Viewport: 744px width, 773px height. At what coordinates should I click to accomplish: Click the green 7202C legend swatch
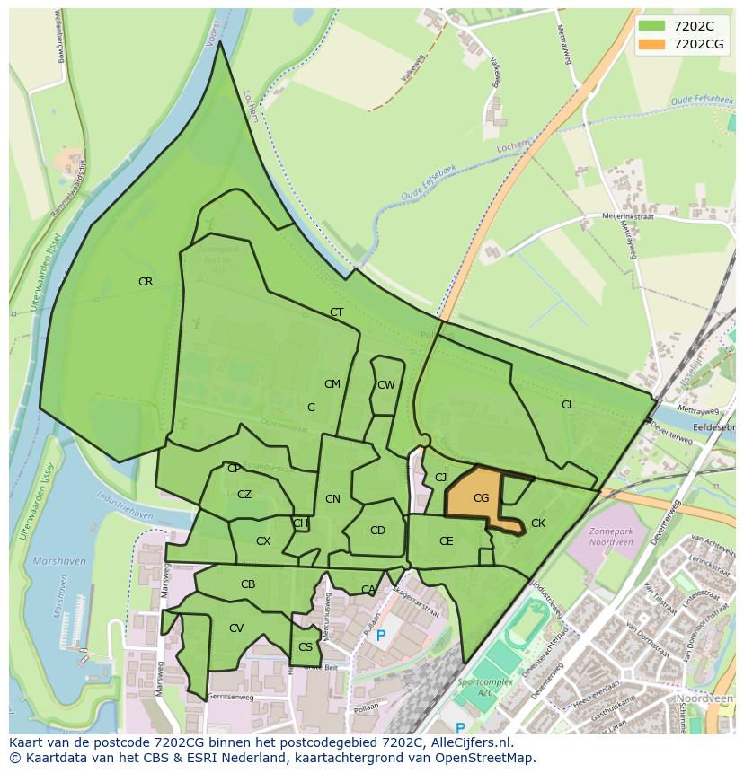pyautogui.click(x=653, y=26)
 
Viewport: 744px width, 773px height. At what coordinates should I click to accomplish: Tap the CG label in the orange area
pyautogui.click(x=481, y=498)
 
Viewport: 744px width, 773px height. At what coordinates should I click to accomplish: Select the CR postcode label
pyautogui.click(x=146, y=282)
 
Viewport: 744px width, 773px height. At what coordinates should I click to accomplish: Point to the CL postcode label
pyautogui.click(x=568, y=405)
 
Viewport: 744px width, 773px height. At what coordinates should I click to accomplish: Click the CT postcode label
pyautogui.click(x=336, y=312)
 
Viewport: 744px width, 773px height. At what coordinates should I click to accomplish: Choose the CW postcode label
pyautogui.click(x=386, y=385)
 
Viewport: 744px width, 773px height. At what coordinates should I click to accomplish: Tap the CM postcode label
pyautogui.click(x=332, y=384)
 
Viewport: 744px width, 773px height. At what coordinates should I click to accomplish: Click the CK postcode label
pyautogui.click(x=538, y=523)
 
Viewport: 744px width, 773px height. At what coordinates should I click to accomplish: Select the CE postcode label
pyautogui.click(x=447, y=541)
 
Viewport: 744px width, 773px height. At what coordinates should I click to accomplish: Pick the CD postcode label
pyautogui.click(x=377, y=531)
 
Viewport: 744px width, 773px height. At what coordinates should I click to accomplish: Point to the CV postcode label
pyautogui.click(x=236, y=628)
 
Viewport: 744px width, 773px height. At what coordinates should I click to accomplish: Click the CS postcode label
pyautogui.click(x=306, y=647)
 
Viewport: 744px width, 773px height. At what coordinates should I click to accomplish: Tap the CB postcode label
pyautogui.click(x=248, y=584)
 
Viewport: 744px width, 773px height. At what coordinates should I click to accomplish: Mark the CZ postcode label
pyautogui.click(x=244, y=495)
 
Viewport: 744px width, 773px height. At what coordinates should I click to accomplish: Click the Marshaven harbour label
pyautogui.click(x=59, y=561)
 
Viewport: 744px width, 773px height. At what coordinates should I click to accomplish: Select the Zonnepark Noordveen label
pyautogui.click(x=612, y=537)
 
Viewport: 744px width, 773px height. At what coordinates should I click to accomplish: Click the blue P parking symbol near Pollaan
pyautogui.click(x=381, y=636)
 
